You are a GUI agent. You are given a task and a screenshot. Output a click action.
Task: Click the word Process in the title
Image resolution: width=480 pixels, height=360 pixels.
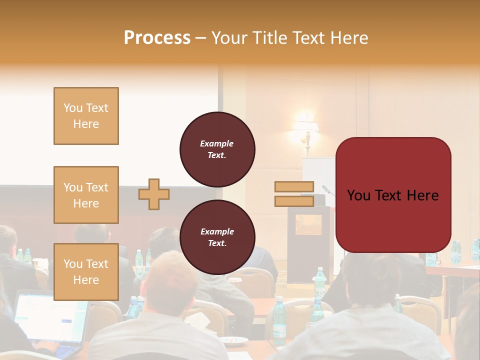[157, 38]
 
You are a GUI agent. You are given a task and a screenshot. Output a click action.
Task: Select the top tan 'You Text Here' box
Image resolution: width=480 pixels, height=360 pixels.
[86, 116]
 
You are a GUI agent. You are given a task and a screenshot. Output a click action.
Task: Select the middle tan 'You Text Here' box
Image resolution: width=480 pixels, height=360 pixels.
[86, 195]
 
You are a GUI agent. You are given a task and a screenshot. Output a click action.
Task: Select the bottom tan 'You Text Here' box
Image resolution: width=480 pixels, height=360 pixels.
[86, 272]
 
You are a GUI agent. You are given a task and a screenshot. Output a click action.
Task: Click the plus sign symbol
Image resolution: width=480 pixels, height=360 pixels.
[154, 194]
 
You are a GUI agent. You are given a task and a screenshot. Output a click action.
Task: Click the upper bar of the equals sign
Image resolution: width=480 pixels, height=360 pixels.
[294, 186]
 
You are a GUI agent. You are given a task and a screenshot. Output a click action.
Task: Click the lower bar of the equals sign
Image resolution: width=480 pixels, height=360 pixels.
[294, 201]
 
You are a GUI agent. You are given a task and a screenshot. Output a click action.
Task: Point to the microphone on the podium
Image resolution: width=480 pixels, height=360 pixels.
[327, 190]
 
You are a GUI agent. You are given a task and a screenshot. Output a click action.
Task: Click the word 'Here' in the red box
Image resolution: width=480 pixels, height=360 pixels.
[421, 195]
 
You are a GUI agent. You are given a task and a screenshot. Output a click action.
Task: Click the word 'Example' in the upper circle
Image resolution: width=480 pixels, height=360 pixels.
[217, 143]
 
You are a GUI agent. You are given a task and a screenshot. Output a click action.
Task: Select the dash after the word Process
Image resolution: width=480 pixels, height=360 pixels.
[201, 38]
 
